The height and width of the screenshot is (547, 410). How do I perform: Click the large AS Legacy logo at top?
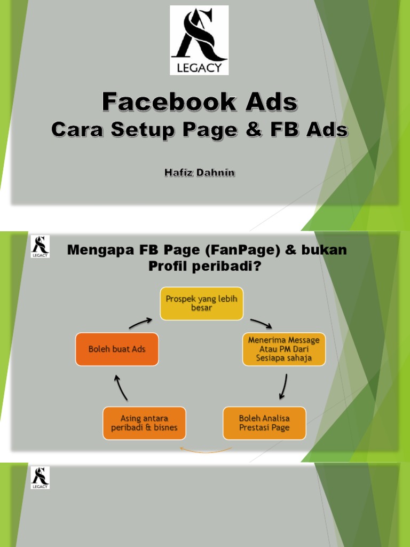199,40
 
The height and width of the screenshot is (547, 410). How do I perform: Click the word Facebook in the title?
155,101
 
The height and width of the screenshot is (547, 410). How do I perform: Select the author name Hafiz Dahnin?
199,174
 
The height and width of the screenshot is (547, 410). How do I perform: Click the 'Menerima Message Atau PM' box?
283,349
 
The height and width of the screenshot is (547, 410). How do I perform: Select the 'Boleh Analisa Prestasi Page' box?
265,423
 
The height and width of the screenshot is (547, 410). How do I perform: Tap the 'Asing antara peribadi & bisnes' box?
145,423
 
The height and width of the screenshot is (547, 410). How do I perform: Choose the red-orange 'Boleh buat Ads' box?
117,349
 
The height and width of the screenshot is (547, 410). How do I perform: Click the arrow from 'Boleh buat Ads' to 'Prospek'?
140,323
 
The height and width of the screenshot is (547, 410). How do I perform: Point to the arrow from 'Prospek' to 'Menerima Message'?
261,323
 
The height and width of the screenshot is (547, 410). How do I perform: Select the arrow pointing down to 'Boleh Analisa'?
283,386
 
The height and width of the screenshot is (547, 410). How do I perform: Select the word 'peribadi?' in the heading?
233,266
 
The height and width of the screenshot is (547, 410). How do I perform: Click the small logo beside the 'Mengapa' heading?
40,247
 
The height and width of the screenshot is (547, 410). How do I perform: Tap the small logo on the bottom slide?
40,478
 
